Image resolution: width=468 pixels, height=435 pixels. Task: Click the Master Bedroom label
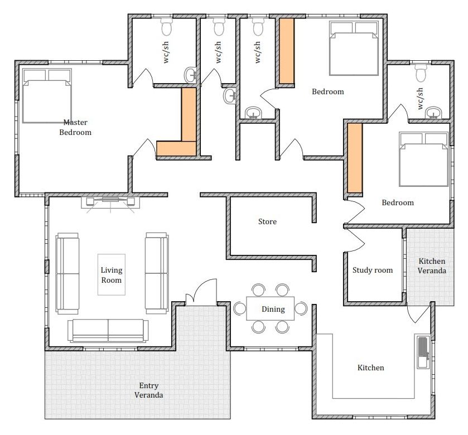[75, 127]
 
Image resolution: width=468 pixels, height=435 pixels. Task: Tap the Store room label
[267, 221]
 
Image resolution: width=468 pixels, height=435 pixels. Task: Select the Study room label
[373, 270]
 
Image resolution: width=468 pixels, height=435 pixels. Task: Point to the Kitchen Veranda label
[432, 266]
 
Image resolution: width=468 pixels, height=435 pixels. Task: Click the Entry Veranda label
[148, 390]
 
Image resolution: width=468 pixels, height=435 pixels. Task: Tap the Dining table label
[273, 310]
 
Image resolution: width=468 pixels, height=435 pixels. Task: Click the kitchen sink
[423, 352]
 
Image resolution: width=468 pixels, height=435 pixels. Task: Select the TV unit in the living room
[110, 202]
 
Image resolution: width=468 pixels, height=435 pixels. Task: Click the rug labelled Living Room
[112, 275]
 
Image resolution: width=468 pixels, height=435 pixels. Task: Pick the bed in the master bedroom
[47, 96]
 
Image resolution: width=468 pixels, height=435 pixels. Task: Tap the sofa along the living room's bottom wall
[108, 331]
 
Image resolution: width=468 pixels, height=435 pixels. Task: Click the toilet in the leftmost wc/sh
[167, 27]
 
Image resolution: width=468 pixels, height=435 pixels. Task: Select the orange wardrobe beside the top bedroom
[287, 51]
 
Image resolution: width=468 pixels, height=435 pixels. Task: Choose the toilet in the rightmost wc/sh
[421, 73]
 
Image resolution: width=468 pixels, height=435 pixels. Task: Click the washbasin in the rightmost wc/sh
[433, 113]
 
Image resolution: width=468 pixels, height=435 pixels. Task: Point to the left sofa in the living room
[67, 274]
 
